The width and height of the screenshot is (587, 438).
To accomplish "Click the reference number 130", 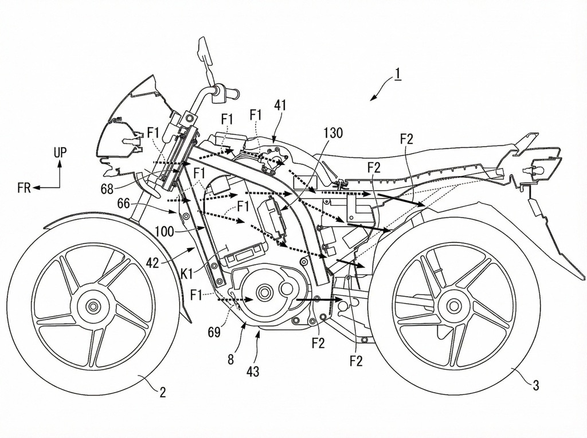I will [x=333, y=134].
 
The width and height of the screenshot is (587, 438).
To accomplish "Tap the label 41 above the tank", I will [x=280, y=105].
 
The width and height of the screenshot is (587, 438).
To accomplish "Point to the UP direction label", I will [x=60, y=152].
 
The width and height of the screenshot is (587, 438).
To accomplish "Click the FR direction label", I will [x=24, y=188].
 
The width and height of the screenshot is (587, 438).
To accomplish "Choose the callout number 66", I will [x=123, y=203].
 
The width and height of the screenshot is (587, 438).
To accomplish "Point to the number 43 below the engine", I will [x=252, y=371].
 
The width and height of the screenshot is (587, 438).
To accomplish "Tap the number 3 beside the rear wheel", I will [x=535, y=385].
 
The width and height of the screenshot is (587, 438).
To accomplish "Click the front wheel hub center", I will [x=93, y=306].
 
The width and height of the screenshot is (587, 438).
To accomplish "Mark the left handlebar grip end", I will [x=234, y=91].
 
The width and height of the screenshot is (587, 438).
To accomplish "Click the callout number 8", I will [x=231, y=361].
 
